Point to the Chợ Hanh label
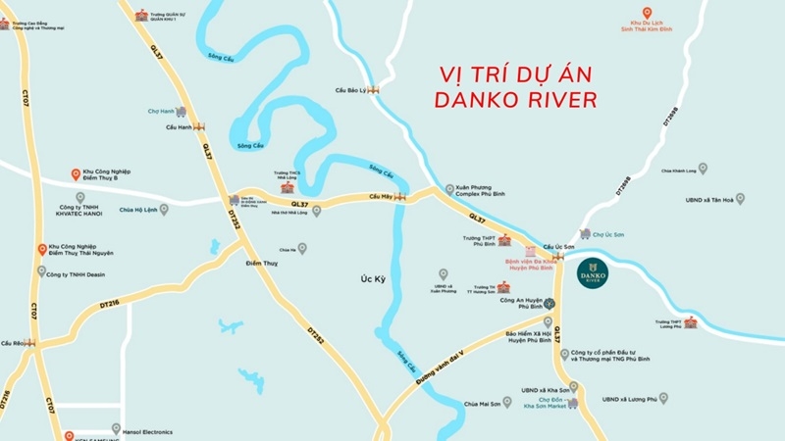click(160, 112)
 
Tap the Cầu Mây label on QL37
click(381, 197)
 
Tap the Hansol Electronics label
click(147, 431)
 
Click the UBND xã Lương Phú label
click(628, 399)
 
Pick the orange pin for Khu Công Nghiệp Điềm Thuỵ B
click(77, 174)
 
